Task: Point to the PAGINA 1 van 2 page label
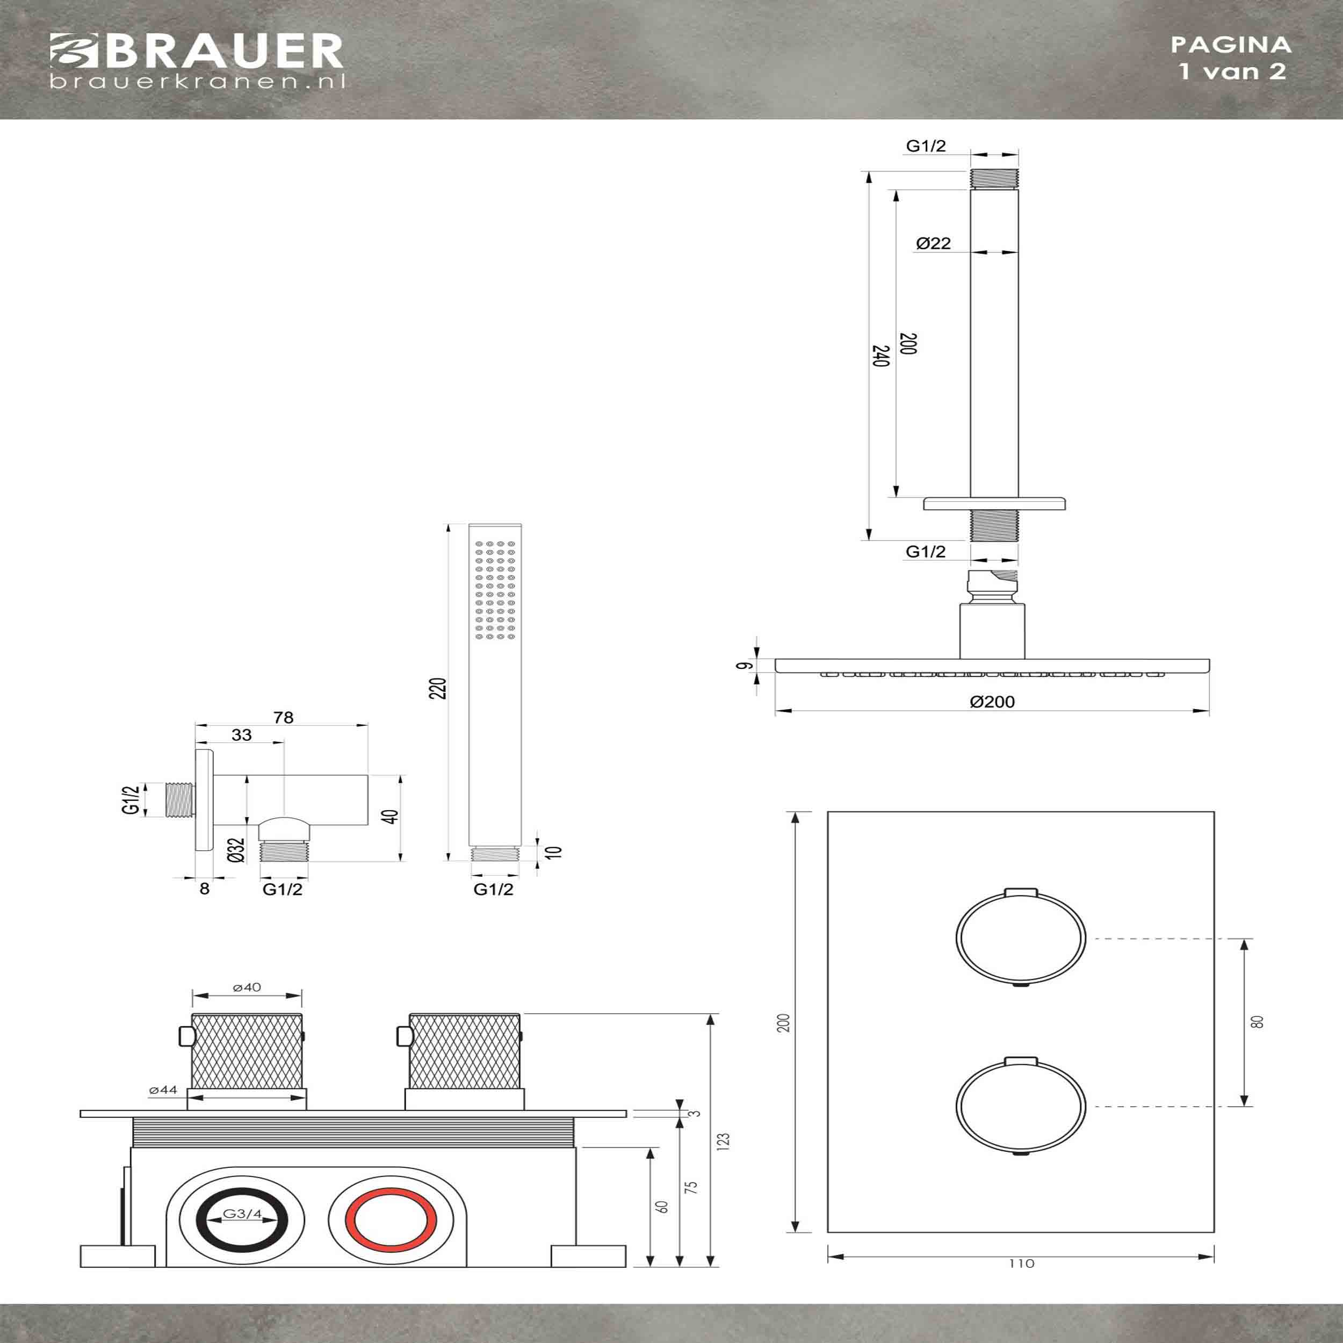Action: [1231, 57]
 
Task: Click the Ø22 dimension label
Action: [933, 243]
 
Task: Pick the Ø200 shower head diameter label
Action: [992, 702]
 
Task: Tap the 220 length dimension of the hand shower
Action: [438, 688]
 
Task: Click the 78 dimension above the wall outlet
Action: [284, 717]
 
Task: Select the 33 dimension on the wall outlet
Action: [241, 735]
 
